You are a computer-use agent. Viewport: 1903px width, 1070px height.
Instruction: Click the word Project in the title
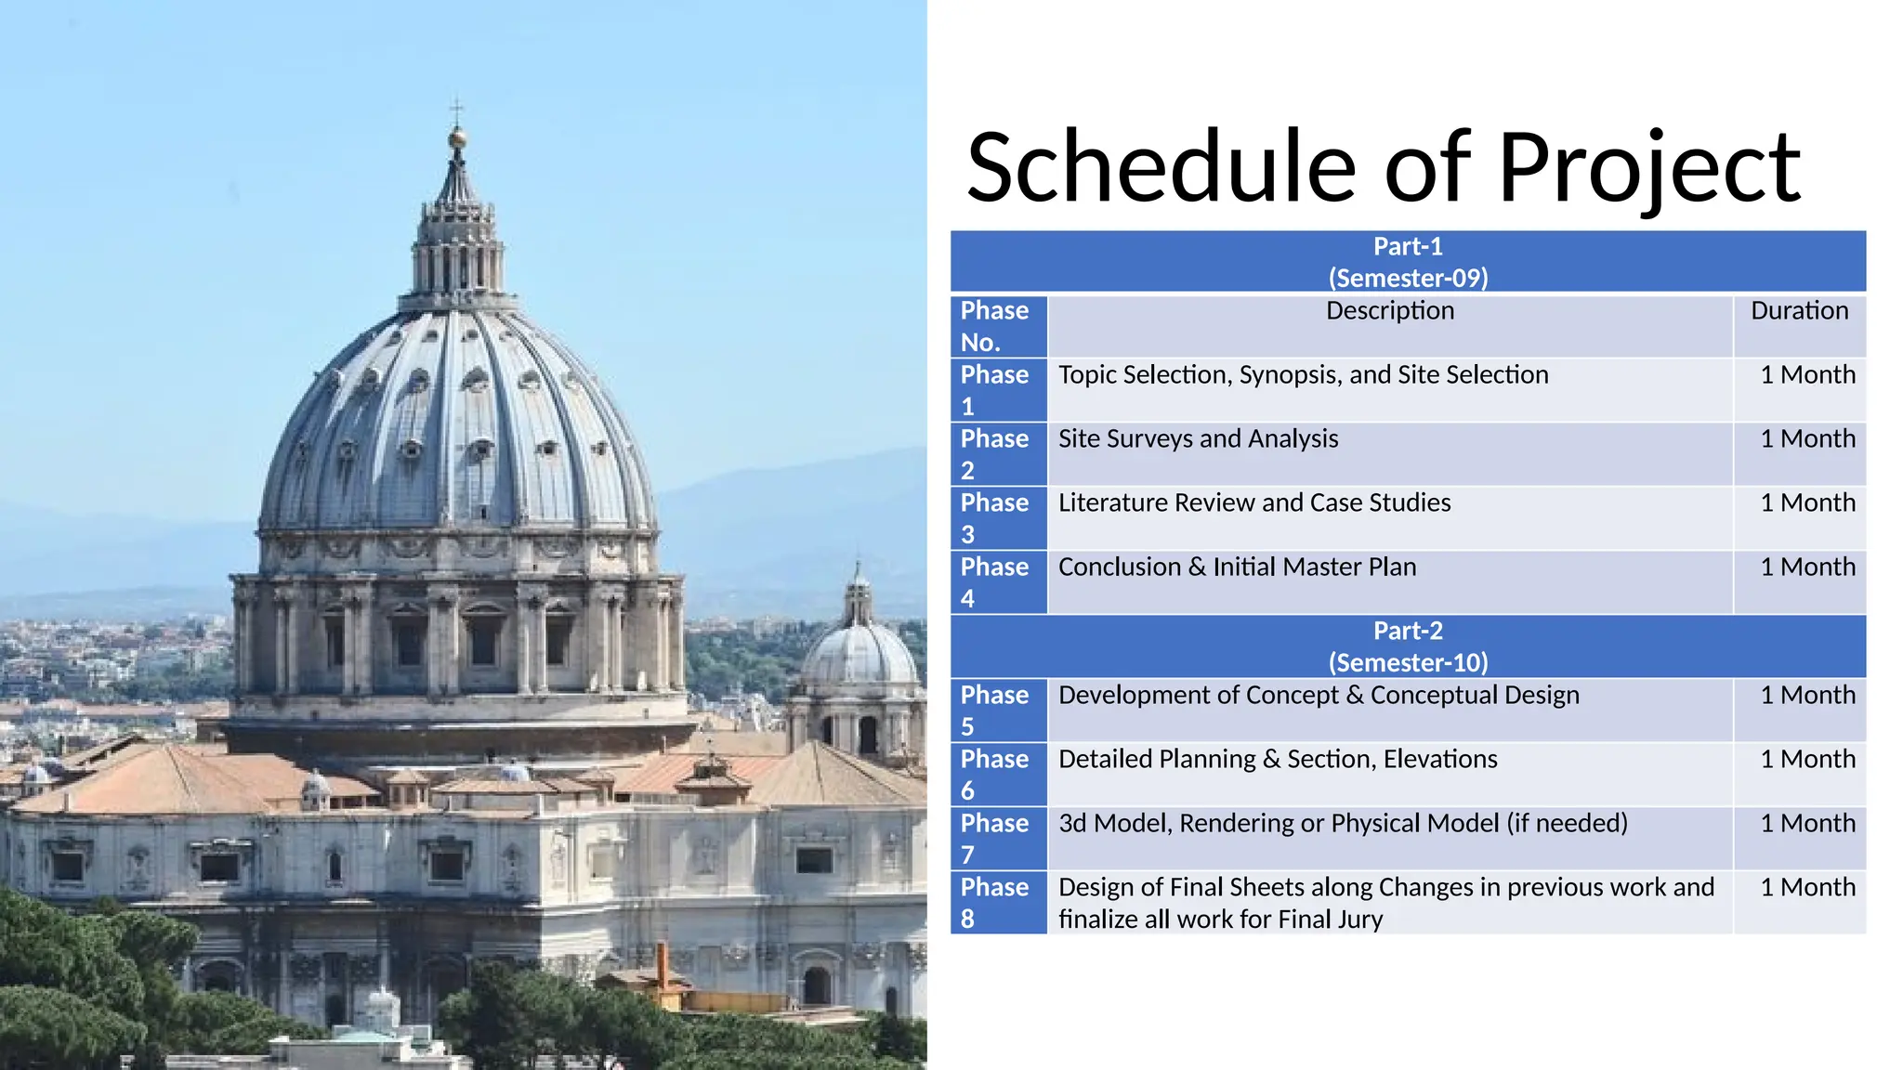[1648, 169]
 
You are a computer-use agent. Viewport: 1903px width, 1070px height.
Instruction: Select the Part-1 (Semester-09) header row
[1407, 262]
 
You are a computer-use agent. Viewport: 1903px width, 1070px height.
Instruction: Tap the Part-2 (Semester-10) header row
[1407, 646]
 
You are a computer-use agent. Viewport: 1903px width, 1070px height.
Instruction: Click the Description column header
[1389, 311]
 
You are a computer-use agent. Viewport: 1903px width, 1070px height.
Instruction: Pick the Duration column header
[1799, 311]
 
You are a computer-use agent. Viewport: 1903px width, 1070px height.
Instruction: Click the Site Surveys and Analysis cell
[1198, 439]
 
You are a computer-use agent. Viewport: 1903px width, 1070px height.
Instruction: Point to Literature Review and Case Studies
[1253, 503]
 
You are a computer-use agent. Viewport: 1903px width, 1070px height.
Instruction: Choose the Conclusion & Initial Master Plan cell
[1237, 568]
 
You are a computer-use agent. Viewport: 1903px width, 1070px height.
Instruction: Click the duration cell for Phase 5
[1806, 696]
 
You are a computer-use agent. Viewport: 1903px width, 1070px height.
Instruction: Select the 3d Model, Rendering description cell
[1342, 824]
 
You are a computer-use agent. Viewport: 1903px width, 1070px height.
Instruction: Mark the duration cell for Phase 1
[1806, 375]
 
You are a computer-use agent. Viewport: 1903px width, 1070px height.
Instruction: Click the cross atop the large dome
[456, 110]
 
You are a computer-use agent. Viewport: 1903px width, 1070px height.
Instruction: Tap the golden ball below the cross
[456, 139]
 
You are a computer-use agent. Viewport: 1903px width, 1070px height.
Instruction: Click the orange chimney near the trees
[663, 966]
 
